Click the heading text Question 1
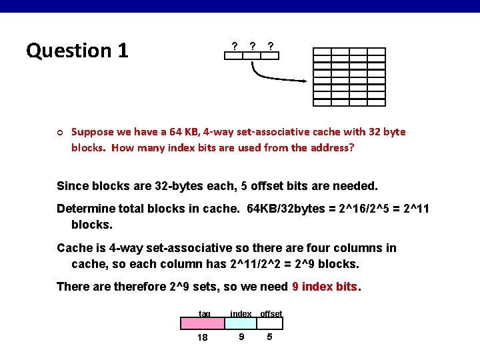(x=77, y=51)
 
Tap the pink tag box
(x=203, y=323)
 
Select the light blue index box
(x=241, y=323)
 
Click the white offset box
(x=270, y=323)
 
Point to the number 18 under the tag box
(x=203, y=337)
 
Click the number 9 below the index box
(x=241, y=337)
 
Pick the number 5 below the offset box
(x=269, y=337)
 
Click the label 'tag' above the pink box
(x=205, y=313)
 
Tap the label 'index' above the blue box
(x=241, y=313)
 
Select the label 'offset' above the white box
(x=271, y=313)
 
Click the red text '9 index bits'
(x=325, y=287)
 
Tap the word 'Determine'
(x=85, y=209)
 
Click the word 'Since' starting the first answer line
(x=71, y=186)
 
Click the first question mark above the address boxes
(x=234, y=46)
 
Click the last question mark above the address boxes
(x=270, y=46)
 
